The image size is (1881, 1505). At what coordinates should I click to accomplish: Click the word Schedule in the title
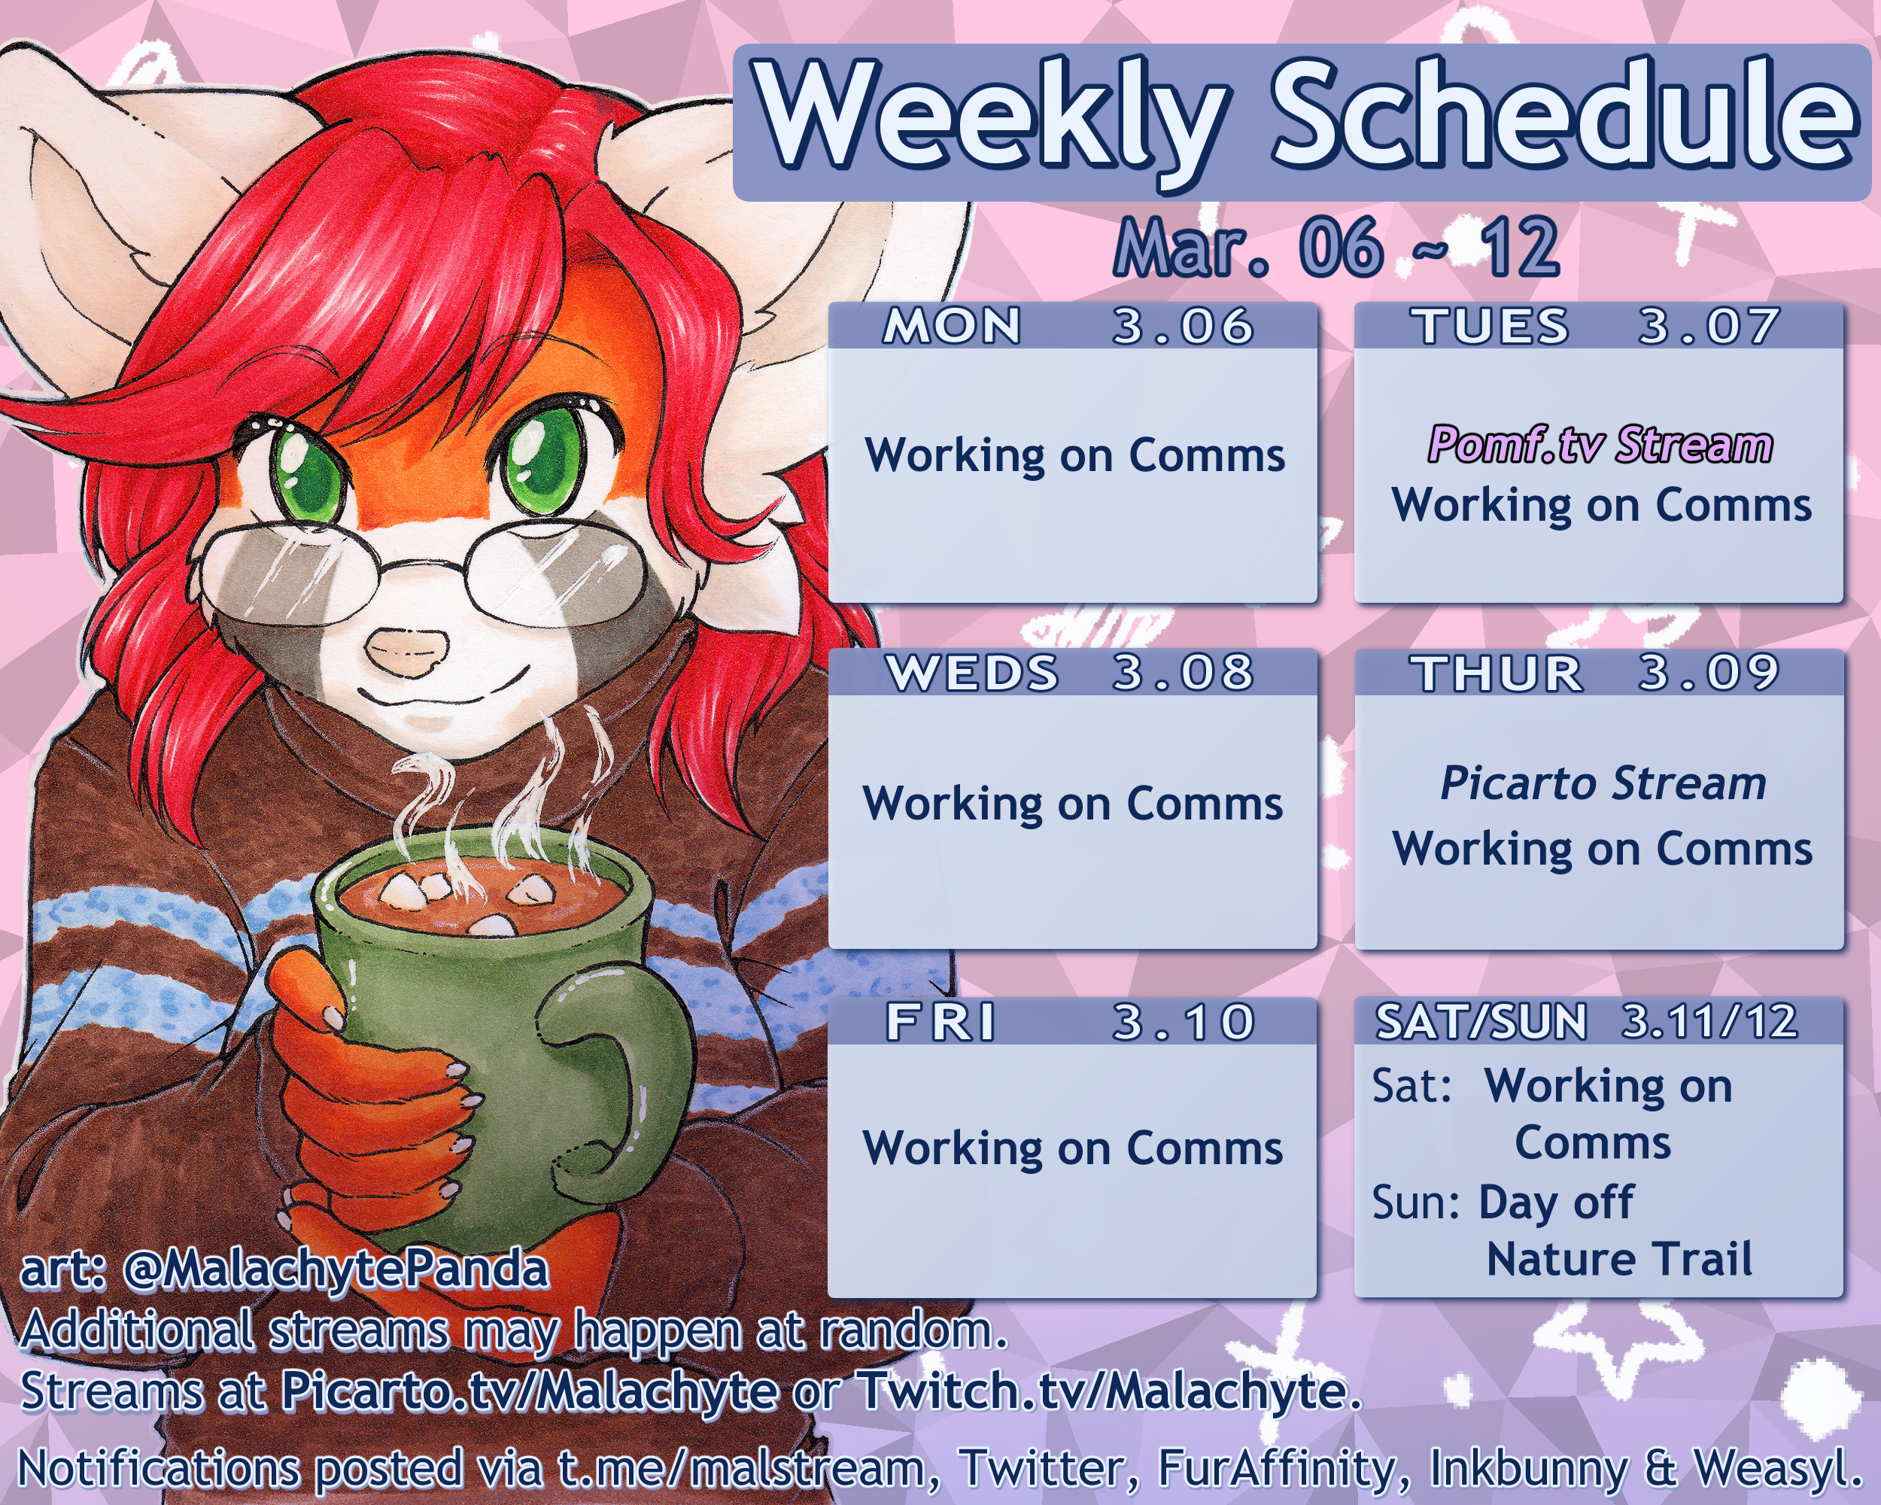click(1563, 114)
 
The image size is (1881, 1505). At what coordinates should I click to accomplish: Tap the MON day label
click(952, 327)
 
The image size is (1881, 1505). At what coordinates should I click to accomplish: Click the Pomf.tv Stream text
click(1600, 444)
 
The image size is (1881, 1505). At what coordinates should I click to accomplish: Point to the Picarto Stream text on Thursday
click(1603, 783)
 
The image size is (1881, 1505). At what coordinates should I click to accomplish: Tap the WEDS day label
click(972, 673)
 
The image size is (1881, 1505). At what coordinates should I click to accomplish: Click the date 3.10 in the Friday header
click(1183, 1022)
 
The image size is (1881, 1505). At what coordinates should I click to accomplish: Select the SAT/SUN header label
click(1481, 1022)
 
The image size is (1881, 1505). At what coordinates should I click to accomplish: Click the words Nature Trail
click(1619, 1259)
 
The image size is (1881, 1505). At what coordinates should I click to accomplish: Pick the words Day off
click(1555, 1203)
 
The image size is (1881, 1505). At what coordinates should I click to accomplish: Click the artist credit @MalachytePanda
click(336, 1269)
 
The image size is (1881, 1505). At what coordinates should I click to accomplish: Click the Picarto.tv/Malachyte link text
click(529, 1391)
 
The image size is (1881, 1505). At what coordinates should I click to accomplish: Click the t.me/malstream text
click(743, 1468)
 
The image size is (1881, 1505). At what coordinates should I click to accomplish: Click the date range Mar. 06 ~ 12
click(1336, 248)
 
